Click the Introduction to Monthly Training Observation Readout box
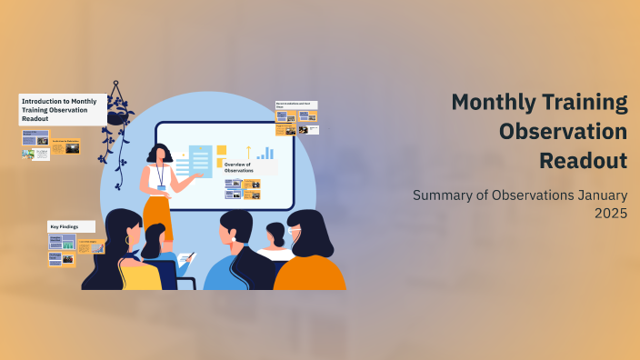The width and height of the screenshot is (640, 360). click(62, 108)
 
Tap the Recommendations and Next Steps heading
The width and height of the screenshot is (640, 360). click(296, 105)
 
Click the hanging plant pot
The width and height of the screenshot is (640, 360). click(116, 117)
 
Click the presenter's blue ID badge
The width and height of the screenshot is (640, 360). click(162, 188)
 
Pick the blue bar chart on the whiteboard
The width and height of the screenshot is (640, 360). click(265, 154)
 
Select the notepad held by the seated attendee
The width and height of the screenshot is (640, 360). click(185, 259)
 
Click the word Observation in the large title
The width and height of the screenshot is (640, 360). click(563, 132)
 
